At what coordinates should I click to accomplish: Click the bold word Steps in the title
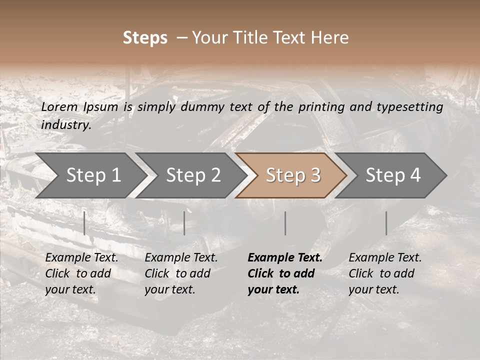[145, 38]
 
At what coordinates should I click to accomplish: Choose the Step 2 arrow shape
[193, 175]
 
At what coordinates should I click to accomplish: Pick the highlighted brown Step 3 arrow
[293, 175]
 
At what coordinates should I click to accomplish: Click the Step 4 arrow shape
[393, 175]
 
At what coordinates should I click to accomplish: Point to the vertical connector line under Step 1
[84, 223]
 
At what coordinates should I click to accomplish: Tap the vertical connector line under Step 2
[184, 223]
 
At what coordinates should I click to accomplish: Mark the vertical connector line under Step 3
[285, 223]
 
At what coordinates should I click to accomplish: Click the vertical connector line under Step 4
[386, 223]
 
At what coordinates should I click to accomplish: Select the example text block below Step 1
[81, 273]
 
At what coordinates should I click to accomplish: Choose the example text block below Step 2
[181, 273]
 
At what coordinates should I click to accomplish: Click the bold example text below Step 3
[284, 273]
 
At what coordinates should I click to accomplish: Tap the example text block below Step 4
[385, 273]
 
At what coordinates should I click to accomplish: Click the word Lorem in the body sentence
[59, 107]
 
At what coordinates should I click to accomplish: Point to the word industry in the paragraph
[66, 125]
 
